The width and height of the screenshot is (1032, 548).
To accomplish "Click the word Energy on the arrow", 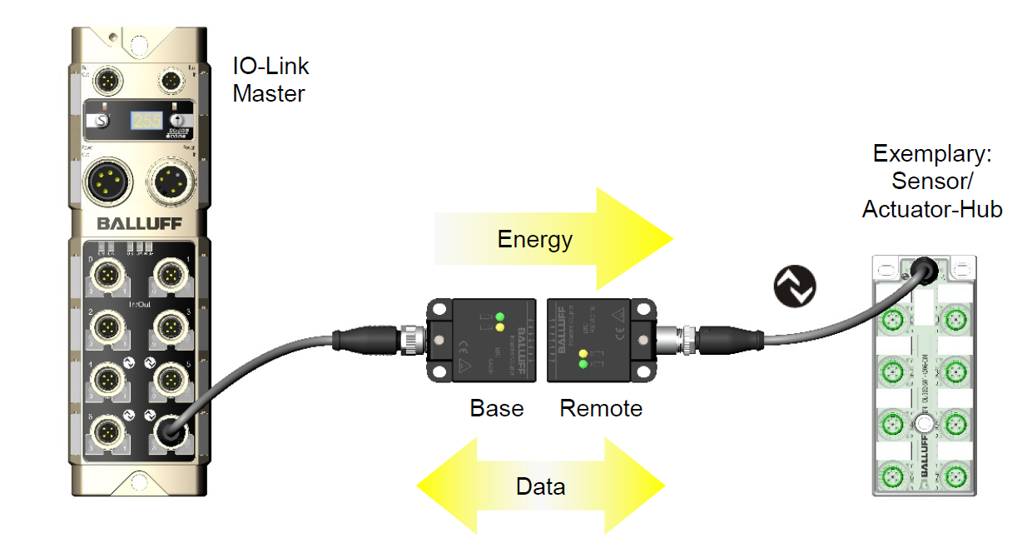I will [x=534, y=240].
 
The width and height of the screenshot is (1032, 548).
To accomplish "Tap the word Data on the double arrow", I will [x=540, y=486].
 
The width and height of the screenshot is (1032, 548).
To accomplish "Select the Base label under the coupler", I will [x=497, y=409].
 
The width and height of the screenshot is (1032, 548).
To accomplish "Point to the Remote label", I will [x=601, y=409].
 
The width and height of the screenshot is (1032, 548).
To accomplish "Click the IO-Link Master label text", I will [x=270, y=80].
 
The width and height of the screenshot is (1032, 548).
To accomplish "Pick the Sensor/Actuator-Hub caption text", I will [x=932, y=181].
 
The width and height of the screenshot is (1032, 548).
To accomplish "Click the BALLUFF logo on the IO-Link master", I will [x=138, y=223].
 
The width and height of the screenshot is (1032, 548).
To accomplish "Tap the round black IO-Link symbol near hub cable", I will [x=795, y=286].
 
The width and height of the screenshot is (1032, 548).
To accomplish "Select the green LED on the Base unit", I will [x=499, y=316].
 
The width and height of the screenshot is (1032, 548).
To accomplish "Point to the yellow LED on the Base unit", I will [x=499, y=328].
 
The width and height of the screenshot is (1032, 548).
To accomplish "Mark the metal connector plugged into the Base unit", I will [x=413, y=339].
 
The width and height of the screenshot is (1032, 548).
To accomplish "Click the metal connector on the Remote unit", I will [x=668, y=338].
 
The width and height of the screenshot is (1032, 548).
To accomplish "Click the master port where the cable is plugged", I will [x=171, y=432].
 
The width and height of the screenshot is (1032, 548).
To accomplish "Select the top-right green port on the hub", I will [x=955, y=319].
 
